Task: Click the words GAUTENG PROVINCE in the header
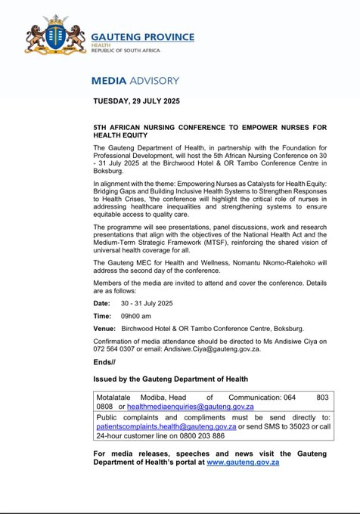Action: click(x=142, y=36)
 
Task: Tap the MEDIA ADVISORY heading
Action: click(x=135, y=80)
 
